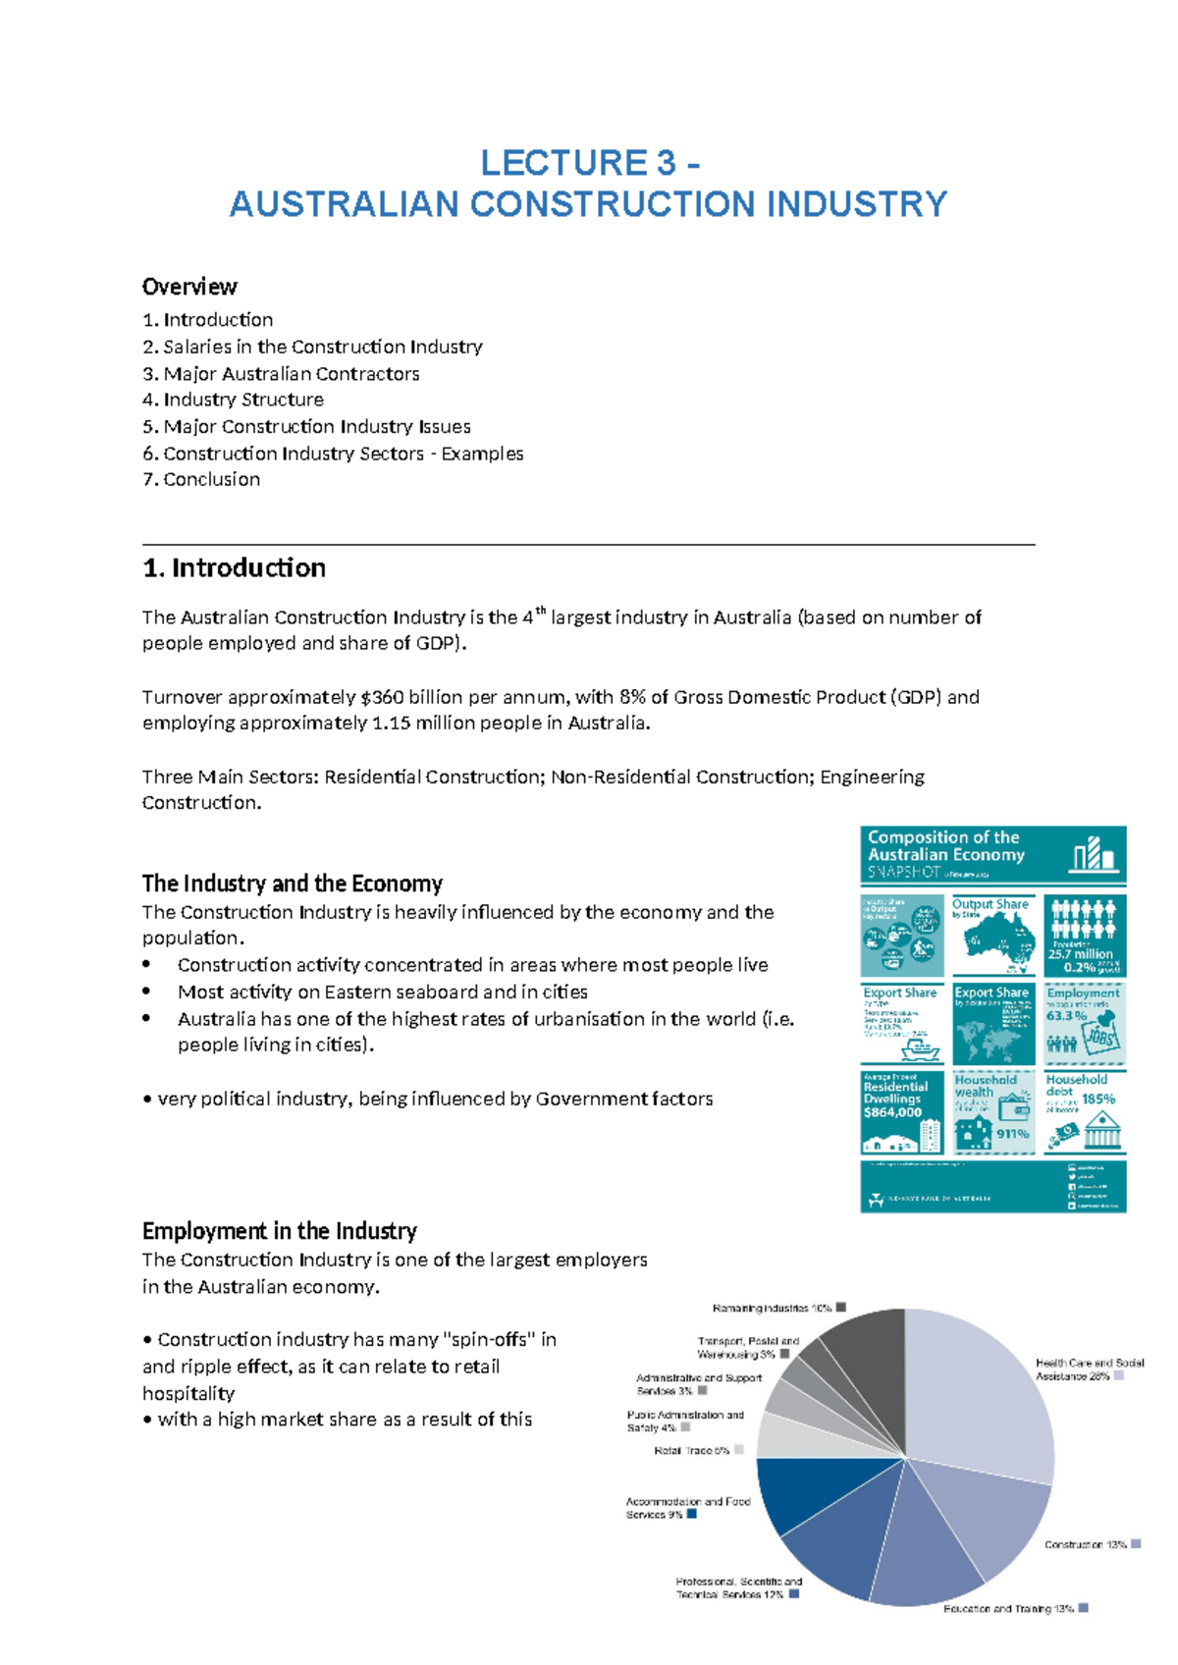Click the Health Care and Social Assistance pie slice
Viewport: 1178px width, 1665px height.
[982, 1394]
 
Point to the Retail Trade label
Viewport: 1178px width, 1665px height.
[691, 1450]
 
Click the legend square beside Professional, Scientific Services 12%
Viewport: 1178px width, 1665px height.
[794, 1594]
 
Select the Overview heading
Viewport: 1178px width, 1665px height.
[189, 287]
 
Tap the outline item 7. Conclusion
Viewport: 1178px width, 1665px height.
[201, 479]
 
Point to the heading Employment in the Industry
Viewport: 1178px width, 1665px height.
[279, 1231]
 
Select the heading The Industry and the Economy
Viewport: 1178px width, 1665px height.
[292, 884]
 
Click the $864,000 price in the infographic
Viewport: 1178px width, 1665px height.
[892, 1112]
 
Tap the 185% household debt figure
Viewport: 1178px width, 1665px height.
[1098, 1099]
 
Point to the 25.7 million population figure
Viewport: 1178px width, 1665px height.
[1080, 953]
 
